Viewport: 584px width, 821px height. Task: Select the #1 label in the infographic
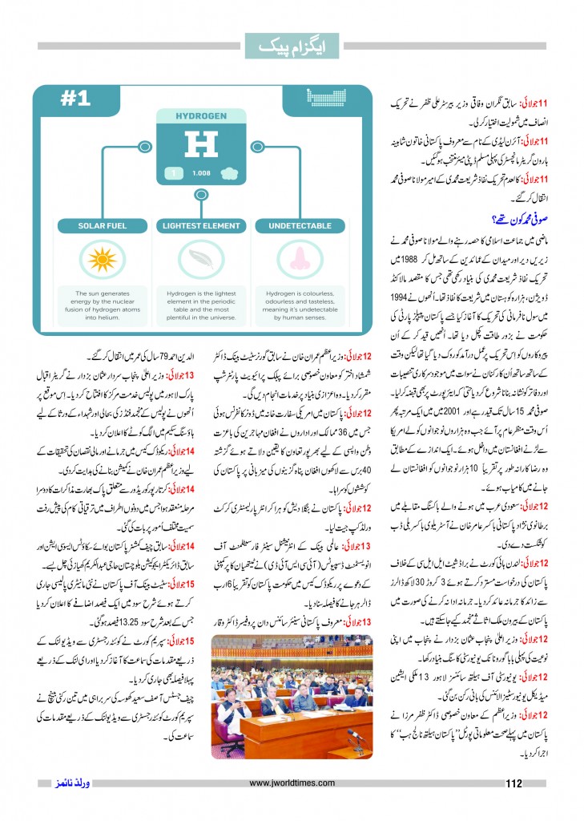77,99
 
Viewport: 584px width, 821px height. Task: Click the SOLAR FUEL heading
102,226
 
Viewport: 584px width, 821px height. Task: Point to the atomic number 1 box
171,172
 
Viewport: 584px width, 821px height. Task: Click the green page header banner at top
292,47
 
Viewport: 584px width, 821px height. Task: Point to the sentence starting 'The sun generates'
102,302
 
